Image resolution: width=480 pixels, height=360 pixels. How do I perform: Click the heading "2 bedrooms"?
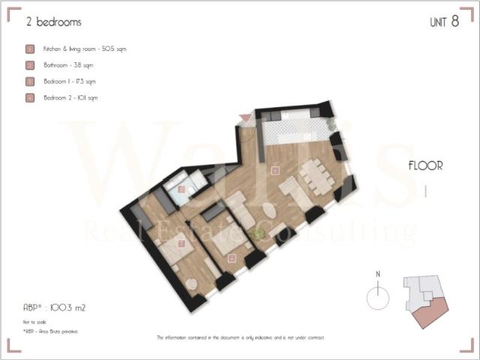53,22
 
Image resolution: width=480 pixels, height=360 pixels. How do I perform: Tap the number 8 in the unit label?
454,22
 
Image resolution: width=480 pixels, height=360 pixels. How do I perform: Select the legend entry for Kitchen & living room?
84,49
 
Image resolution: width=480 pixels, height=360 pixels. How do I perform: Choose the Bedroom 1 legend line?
69,81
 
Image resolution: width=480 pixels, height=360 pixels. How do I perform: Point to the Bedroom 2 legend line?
70,97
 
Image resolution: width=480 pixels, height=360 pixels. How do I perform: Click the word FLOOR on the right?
425,166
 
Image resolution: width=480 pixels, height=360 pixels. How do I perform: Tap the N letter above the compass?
379,274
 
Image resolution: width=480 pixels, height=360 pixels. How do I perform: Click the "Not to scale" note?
34,321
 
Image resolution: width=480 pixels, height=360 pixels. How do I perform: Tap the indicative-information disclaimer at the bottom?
240,337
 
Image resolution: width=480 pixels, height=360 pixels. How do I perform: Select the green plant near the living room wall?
259,234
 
